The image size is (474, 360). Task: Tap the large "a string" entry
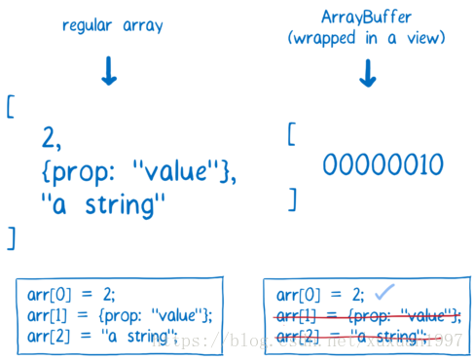(x=104, y=205)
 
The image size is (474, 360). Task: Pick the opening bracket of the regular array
(x=11, y=106)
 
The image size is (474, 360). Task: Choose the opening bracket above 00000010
(x=290, y=133)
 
